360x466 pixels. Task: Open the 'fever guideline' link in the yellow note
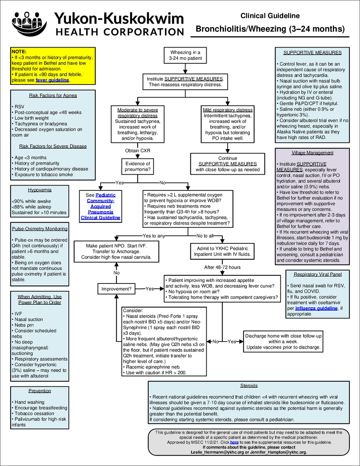(x=52, y=80)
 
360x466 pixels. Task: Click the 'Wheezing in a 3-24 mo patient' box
(x=185, y=55)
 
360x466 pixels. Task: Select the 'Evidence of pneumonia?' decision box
(x=138, y=166)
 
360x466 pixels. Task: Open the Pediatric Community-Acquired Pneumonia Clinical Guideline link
(x=100, y=206)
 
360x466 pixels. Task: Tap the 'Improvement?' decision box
(x=116, y=289)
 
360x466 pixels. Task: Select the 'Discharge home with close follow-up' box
(x=283, y=341)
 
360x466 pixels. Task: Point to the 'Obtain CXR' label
(x=138, y=151)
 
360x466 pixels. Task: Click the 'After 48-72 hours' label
(x=222, y=267)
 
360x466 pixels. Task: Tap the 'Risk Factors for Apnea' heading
(x=53, y=95)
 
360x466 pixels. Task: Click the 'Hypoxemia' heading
(x=40, y=190)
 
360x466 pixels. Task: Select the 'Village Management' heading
(x=312, y=153)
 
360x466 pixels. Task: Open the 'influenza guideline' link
(x=316, y=308)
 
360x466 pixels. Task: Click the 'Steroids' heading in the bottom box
(x=249, y=386)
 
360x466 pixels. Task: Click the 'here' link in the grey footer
(x=234, y=442)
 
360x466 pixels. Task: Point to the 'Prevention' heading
(x=40, y=391)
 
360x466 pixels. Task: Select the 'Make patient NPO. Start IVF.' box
(x=116, y=251)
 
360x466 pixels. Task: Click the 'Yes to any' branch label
(x=154, y=236)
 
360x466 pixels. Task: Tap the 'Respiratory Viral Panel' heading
(x=317, y=274)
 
